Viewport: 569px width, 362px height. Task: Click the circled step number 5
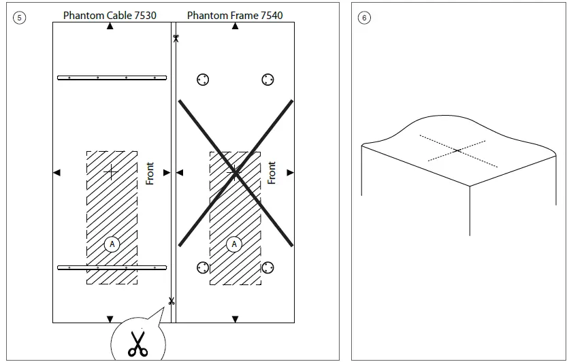[x=19, y=18]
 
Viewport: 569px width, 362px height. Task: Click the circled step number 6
[x=364, y=18]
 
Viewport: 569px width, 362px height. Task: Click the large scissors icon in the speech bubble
[x=137, y=344]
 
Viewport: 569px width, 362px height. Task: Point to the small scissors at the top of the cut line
[x=176, y=38]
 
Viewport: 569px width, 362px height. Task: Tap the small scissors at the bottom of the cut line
[x=171, y=301]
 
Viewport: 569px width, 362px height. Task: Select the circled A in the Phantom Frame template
[x=234, y=244]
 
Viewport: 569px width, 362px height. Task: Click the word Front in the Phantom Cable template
[x=150, y=173]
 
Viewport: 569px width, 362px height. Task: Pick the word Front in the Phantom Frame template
[x=272, y=173]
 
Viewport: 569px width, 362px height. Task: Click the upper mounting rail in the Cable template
[x=112, y=78]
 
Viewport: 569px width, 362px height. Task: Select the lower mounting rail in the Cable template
[x=112, y=267]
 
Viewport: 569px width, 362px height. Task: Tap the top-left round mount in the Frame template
[x=202, y=80]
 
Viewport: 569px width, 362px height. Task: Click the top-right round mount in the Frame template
[x=267, y=80]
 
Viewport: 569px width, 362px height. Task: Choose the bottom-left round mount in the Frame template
[x=202, y=267]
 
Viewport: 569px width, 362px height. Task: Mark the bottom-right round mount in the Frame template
[x=267, y=267]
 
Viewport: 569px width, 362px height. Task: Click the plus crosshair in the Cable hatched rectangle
[x=111, y=172]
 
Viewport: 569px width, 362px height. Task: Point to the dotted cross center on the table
[x=457, y=150]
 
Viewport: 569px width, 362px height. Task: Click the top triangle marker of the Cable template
[x=110, y=26]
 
